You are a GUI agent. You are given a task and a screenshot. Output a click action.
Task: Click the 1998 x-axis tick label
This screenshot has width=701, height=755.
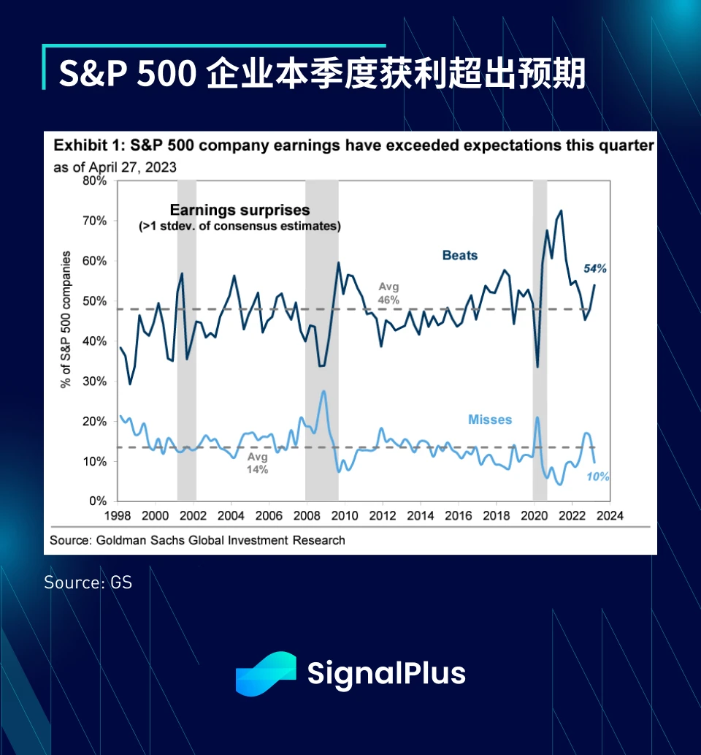pyautogui.click(x=117, y=516)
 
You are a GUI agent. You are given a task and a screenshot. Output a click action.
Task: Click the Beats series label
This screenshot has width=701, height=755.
pyautogui.click(x=459, y=255)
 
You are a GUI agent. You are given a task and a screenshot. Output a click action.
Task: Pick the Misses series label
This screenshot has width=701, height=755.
pyautogui.click(x=490, y=420)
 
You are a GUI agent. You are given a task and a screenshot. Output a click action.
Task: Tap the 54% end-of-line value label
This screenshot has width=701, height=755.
pyautogui.click(x=595, y=268)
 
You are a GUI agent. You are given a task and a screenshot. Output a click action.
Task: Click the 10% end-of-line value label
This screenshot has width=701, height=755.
pyautogui.click(x=597, y=477)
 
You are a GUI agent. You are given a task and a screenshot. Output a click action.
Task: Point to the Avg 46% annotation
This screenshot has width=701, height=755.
pyautogui.click(x=388, y=293)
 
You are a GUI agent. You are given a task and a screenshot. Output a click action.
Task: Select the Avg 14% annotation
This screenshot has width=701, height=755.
pyautogui.click(x=257, y=463)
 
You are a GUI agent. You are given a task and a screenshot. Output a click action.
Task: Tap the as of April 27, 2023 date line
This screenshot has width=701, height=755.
pyautogui.click(x=115, y=167)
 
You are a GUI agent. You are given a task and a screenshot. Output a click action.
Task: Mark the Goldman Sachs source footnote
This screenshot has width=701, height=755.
pyautogui.click(x=197, y=541)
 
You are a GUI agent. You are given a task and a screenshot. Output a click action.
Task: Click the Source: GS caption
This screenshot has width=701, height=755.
pyautogui.click(x=88, y=583)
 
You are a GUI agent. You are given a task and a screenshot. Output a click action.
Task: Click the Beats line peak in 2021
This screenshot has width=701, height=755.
pyautogui.click(x=561, y=211)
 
